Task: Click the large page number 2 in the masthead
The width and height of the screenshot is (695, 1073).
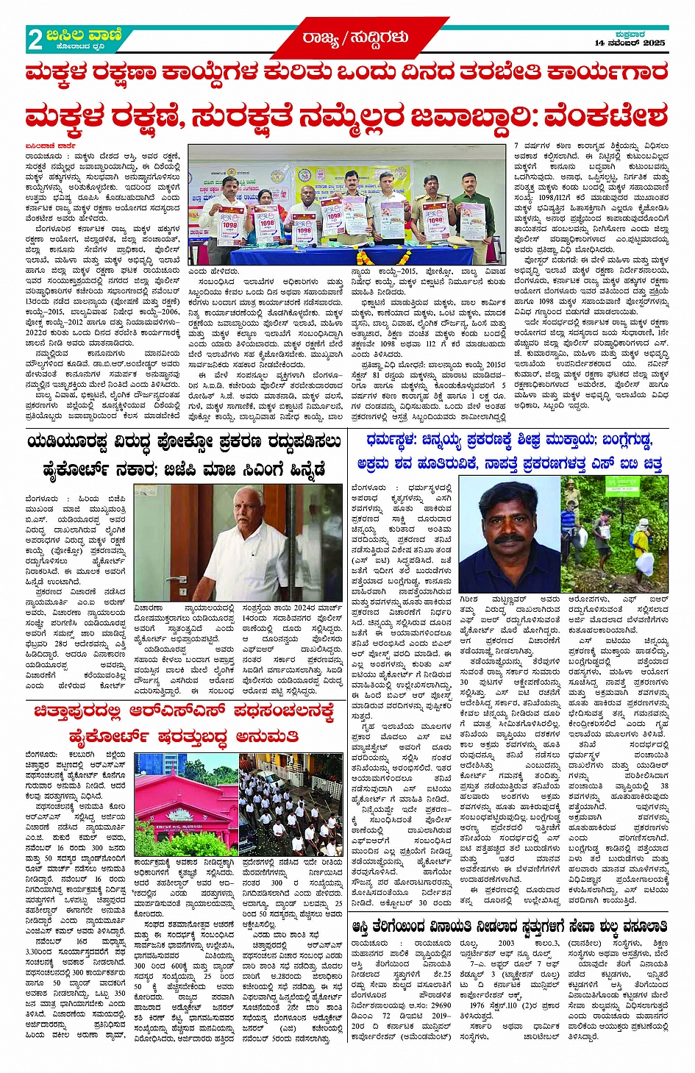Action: [x=35, y=39]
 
